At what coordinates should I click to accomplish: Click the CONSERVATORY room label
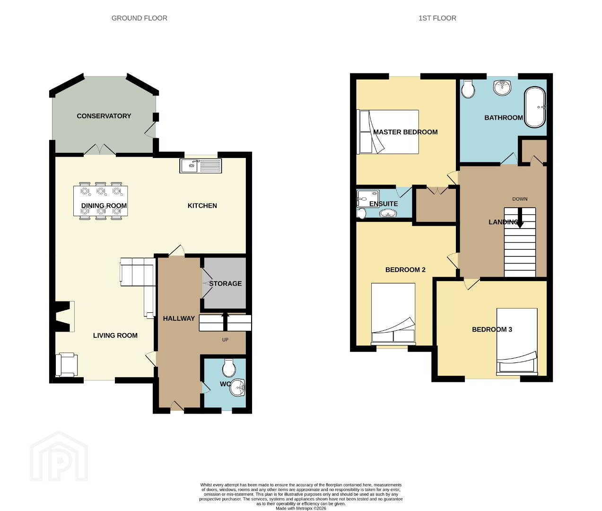click(x=104, y=116)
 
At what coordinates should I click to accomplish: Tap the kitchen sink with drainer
click(x=201, y=166)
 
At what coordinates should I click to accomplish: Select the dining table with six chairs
click(x=100, y=201)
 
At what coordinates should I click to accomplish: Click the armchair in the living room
click(x=67, y=364)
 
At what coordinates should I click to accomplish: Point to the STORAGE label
click(x=226, y=283)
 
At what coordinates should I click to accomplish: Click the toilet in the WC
click(x=229, y=368)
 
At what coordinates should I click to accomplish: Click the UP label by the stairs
click(x=225, y=340)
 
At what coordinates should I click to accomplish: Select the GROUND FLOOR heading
click(x=139, y=18)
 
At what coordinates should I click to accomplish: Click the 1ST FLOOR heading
click(x=437, y=18)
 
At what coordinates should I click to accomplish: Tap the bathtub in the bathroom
click(x=535, y=107)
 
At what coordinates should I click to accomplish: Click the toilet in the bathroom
click(x=468, y=89)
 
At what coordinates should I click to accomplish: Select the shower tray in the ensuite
click(x=368, y=199)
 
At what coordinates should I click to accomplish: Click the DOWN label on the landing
click(x=520, y=199)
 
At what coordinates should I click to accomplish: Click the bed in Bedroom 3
click(x=517, y=342)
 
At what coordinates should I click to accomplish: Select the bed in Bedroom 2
click(x=393, y=313)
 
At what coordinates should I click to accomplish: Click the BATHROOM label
click(x=504, y=118)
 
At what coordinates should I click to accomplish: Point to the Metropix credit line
click(x=301, y=508)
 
